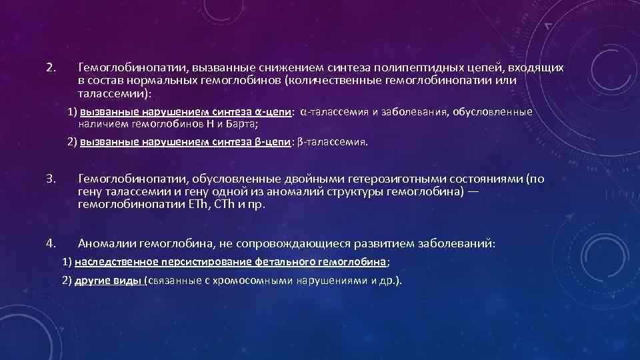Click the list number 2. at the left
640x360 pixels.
51,68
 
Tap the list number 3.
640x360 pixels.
51,179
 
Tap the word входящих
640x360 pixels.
537,68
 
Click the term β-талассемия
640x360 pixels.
333,142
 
